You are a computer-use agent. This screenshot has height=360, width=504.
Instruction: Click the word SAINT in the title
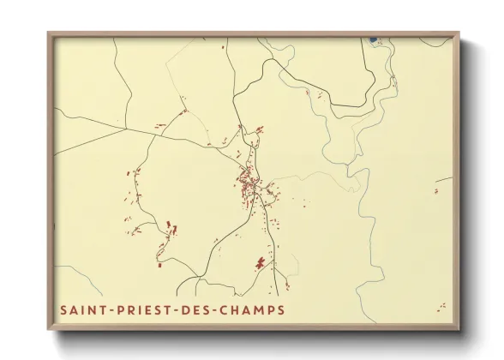81,309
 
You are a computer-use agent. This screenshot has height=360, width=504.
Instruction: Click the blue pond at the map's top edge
372,39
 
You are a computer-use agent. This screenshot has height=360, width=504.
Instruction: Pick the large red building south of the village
260,262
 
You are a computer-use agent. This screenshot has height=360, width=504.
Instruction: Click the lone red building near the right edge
435,191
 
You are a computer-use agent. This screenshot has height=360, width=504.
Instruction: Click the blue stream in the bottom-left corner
81,279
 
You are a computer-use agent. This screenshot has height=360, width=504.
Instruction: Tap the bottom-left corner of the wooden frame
49,330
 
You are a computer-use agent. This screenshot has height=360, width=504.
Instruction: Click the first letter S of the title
63,309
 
